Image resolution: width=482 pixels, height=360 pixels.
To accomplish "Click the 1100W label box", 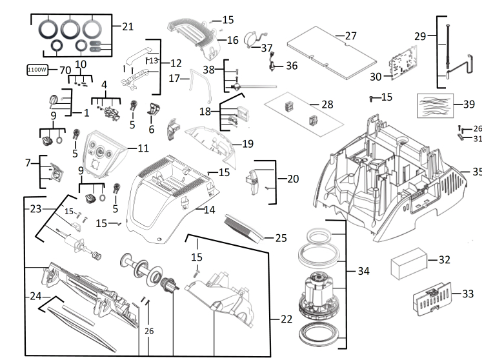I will coord(37,70).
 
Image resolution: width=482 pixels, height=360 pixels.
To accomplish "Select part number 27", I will coord(350,35).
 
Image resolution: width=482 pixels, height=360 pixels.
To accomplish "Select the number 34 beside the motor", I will coord(364,271).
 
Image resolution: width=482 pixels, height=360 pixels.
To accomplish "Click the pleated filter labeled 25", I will coord(246,226).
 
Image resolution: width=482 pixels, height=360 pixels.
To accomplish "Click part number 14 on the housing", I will coord(209,210).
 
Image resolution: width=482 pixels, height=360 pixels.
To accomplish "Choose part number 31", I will coord(477,138).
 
